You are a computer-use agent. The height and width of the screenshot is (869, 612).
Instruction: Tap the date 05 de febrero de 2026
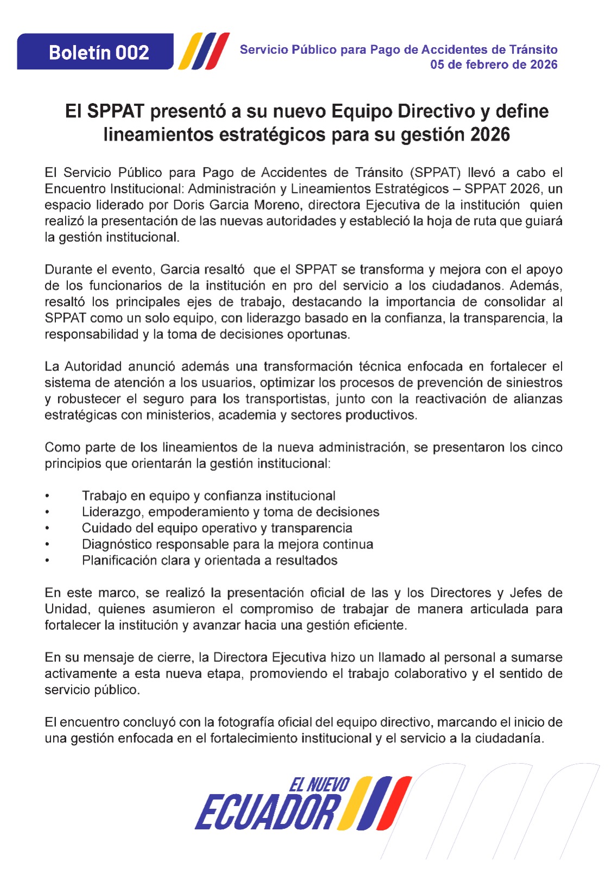[x=494, y=65]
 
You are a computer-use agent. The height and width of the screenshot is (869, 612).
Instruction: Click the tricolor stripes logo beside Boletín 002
[x=204, y=52]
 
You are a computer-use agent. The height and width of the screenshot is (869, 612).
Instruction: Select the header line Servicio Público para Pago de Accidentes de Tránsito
[x=399, y=49]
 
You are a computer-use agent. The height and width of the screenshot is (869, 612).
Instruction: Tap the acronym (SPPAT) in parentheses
[x=435, y=173]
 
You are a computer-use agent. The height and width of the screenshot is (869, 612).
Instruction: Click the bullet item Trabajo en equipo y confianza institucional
[x=209, y=496]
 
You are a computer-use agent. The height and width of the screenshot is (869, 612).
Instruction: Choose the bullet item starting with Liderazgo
[x=230, y=512]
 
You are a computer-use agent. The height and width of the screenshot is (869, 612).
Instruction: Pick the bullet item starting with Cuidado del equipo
[x=217, y=528]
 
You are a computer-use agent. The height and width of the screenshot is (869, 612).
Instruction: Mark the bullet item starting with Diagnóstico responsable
[x=228, y=545]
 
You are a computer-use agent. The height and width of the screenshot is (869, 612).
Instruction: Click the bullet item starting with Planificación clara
[x=210, y=561]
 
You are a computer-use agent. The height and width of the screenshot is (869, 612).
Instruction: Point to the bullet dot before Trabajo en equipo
[x=47, y=496]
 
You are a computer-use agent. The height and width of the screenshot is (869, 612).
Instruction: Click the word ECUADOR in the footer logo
[x=267, y=813]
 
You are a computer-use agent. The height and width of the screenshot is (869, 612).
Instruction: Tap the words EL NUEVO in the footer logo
[x=319, y=785]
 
